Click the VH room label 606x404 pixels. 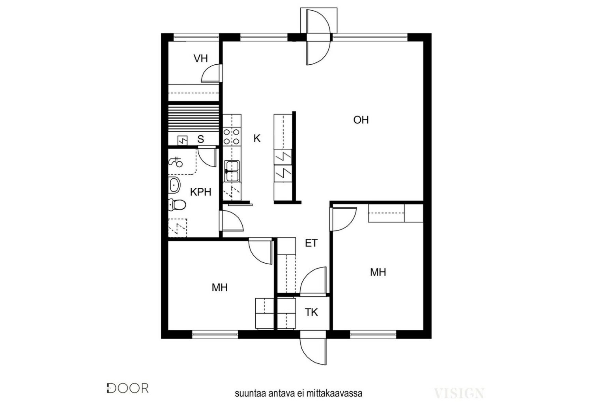[200, 58]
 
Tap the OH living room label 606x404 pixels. [361, 120]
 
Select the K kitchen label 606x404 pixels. [257, 138]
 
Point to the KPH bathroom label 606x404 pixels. [200, 192]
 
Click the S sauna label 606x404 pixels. [200, 139]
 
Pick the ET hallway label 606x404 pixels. [311, 243]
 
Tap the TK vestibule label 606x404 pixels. [311, 312]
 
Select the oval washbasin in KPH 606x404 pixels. [174, 185]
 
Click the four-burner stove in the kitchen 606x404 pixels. [232, 137]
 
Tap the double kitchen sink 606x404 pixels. [232, 171]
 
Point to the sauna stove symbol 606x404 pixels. [182, 140]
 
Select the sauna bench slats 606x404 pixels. [193, 118]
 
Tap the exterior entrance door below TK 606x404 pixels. [313, 351]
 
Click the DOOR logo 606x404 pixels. [127, 388]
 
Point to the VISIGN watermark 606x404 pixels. [459, 393]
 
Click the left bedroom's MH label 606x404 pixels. [219, 287]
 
